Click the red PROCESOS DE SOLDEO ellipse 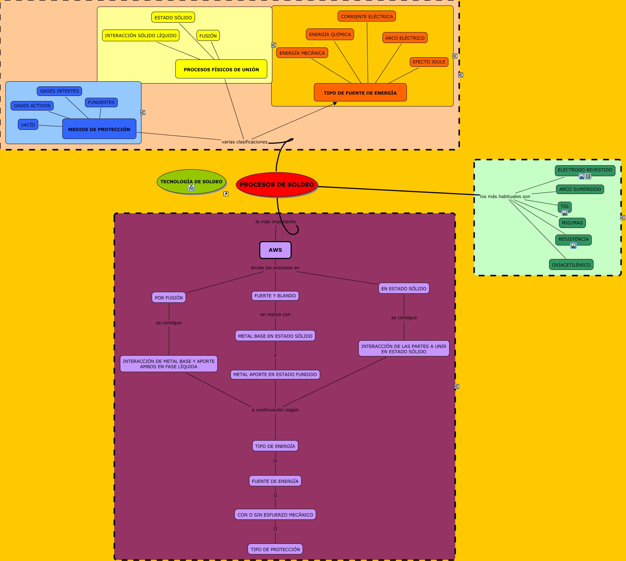click(277, 185)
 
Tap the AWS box click(275, 250)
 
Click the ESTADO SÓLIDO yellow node click(173, 18)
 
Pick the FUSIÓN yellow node click(208, 36)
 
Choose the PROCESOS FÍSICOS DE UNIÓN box click(221, 69)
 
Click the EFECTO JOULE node click(429, 62)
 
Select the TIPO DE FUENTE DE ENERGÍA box click(360, 93)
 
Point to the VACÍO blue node click(28, 125)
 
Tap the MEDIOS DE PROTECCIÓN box click(99, 129)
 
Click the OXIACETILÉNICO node click(571, 265)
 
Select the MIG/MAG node click(572, 223)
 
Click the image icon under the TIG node click(565, 213)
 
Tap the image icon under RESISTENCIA click(573, 245)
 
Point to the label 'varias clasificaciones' click(244, 142)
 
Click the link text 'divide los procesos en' click(275, 268)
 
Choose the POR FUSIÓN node click(169, 298)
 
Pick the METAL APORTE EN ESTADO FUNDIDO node click(275, 375)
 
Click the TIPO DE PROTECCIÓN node click(275, 549)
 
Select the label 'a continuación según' click(275, 410)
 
